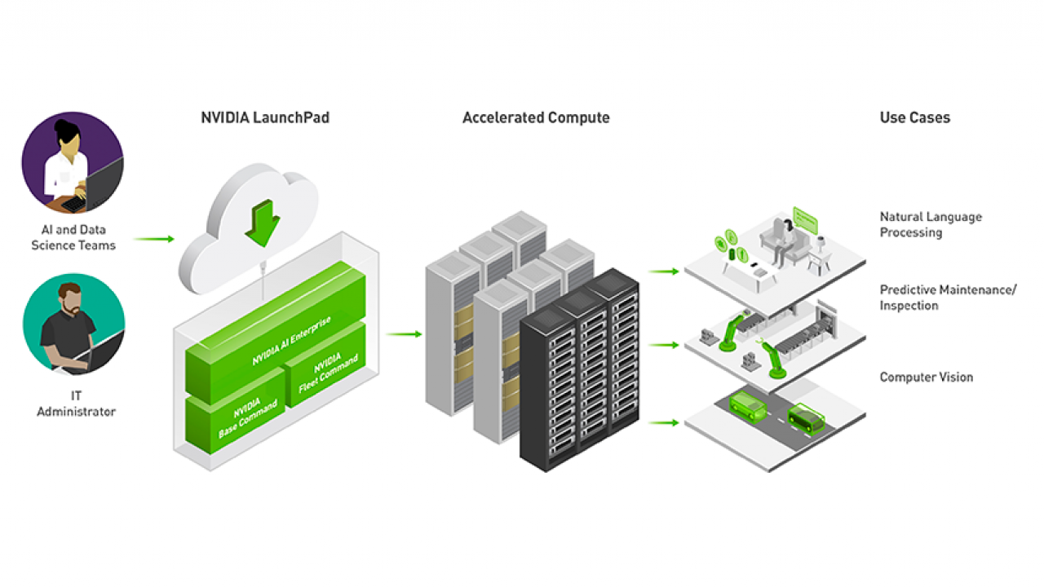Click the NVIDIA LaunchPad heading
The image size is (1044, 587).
tap(265, 117)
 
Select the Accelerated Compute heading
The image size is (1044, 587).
tap(536, 117)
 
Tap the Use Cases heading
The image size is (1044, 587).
tap(914, 117)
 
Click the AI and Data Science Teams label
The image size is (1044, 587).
tap(73, 237)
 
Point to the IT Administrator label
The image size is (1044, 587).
tap(76, 404)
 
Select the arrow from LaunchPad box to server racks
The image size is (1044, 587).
tap(404, 333)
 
